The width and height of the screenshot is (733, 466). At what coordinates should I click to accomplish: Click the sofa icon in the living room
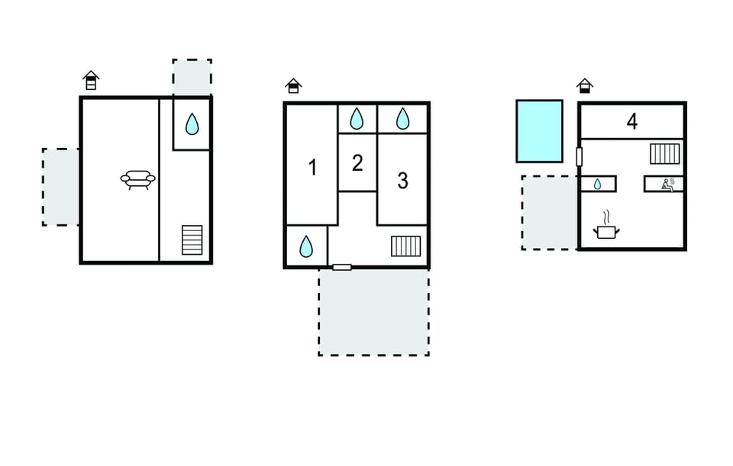(x=138, y=179)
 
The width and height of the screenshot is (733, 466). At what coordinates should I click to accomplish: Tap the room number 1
(x=313, y=167)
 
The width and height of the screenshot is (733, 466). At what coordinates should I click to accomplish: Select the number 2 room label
(x=357, y=163)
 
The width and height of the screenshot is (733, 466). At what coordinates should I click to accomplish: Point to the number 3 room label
(x=402, y=181)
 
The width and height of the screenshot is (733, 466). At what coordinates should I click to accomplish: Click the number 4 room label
(x=632, y=121)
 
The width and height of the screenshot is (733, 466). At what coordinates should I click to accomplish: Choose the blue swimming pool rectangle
(x=540, y=131)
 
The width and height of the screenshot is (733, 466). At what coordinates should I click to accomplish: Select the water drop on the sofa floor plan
(x=192, y=124)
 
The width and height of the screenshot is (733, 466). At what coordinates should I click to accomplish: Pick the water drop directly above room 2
(x=357, y=119)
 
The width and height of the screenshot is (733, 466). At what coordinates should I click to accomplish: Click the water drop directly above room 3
(x=402, y=119)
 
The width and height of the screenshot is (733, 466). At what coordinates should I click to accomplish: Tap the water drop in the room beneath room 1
(x=305, y=246)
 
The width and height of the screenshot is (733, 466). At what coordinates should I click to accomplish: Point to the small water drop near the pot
(x=597, y=185)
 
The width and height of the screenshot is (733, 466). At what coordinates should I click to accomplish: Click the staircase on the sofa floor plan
(x=192, y=240)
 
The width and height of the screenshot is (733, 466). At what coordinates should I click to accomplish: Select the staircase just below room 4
(x=665, y=153)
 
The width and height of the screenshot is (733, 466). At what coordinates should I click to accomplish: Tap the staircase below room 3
(x=405, y=246)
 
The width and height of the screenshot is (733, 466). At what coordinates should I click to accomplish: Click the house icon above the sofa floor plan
(x=91, y=80)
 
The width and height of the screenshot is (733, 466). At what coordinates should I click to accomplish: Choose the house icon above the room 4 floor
(x=584, y=86)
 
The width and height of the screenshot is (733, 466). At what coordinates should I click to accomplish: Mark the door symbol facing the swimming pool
(x=580, y=156)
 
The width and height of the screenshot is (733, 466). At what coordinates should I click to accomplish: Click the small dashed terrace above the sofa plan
(x=192, y=78)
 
